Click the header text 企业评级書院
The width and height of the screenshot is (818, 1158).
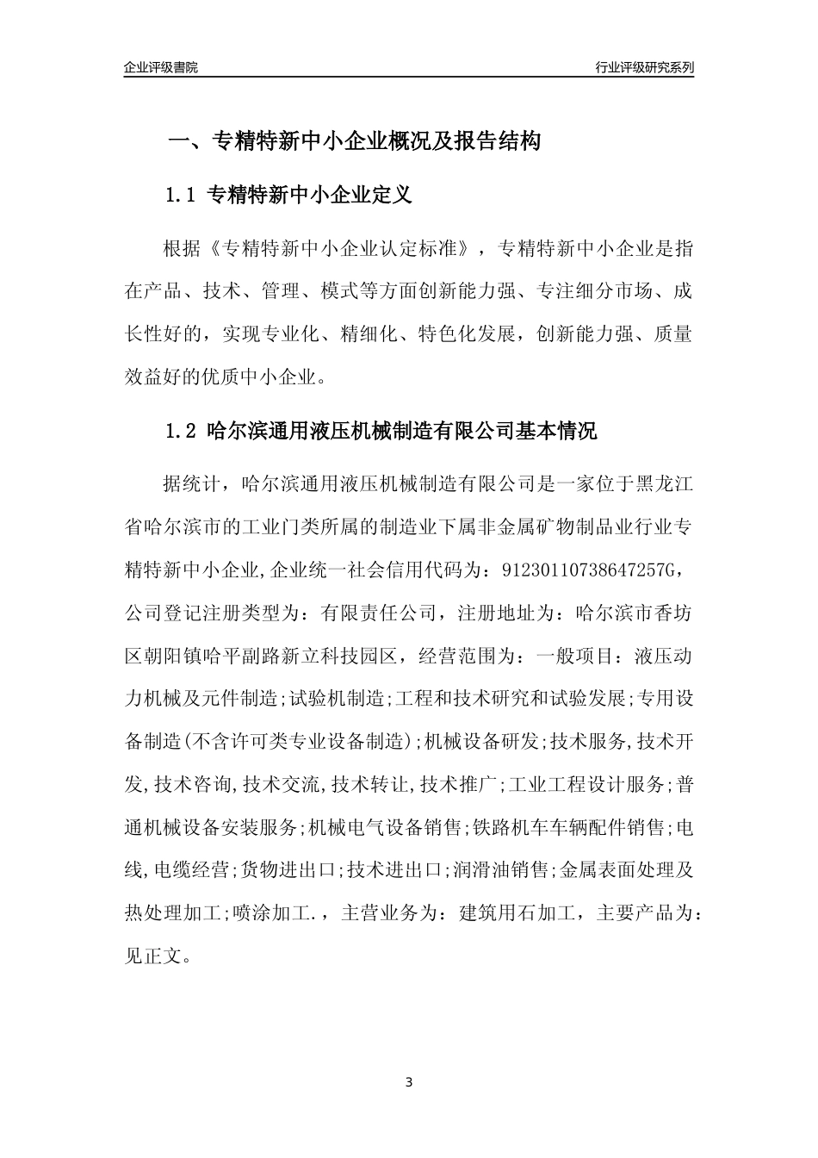[x=161, y=67]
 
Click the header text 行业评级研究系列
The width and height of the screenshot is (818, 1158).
[x=644, y=67]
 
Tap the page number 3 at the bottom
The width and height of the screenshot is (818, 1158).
[x=409, y=1082]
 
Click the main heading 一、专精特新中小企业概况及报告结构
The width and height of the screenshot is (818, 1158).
[x=353, y=141]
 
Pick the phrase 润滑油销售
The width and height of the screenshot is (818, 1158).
[x=499, y=869]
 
